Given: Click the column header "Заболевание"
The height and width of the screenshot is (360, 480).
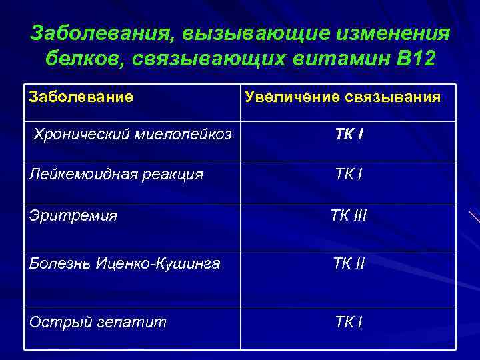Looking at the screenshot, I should [81, 97].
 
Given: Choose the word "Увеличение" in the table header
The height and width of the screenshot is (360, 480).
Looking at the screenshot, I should [293, 97].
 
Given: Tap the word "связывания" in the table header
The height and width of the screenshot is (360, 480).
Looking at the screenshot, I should [393, 97].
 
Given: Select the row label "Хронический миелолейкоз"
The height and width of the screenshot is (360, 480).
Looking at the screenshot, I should [133, 135].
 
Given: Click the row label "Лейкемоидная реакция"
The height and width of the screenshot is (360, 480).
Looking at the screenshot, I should [116, 175].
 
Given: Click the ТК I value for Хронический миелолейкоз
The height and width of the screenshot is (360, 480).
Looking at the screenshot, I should [349, 135].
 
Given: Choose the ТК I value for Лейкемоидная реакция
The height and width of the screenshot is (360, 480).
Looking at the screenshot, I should [349, 175].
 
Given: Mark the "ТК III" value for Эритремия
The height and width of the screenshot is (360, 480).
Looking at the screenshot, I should [349, 215].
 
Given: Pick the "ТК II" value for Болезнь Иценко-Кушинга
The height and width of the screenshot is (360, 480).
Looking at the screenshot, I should [349, 264].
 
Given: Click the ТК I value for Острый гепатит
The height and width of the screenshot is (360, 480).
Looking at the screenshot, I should [349, 322].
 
